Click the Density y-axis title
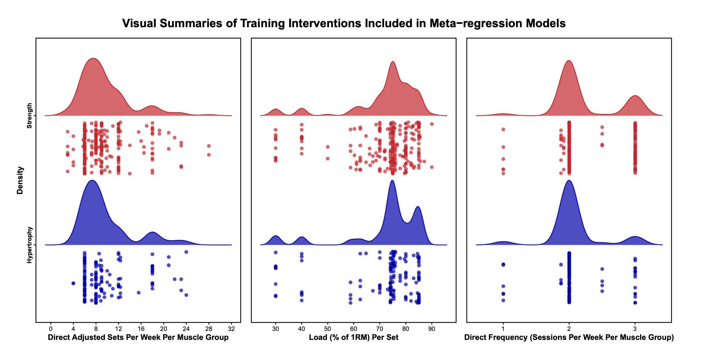20,180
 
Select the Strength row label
29,116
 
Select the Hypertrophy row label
29,245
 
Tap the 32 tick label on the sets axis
231,329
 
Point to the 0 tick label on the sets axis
51,329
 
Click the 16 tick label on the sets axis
141,329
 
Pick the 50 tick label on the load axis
327,329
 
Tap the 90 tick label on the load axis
431,329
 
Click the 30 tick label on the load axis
275,329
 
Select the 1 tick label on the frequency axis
503,329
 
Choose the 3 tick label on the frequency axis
635,329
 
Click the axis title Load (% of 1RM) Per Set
353,337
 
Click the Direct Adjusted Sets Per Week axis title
138,337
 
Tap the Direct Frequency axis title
569,337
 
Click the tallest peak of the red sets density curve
93,59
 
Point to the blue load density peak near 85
418,207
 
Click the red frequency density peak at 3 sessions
635,96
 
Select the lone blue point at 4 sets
73,283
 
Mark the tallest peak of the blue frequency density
569,181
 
